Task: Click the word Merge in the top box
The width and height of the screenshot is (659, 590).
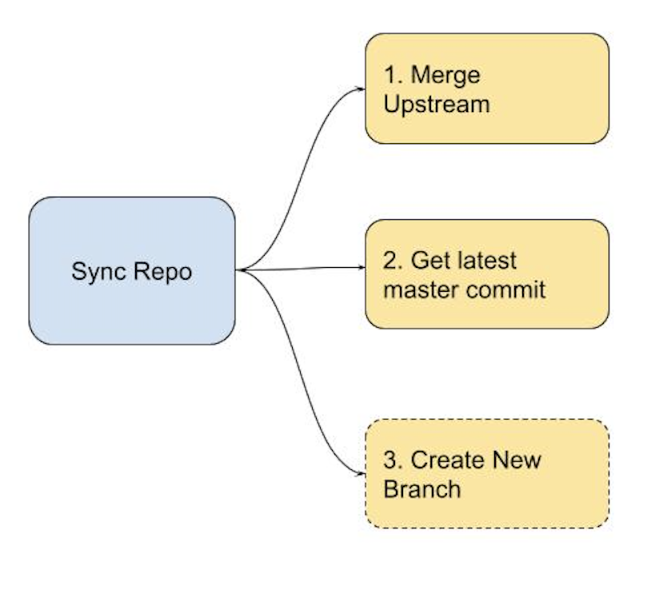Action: (x=445, y=76)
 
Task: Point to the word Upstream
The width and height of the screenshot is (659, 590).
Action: (x=436, y=105)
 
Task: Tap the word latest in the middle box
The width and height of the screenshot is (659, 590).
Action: (x=481, y=261)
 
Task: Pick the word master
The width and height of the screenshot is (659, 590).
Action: (x=422, y=289)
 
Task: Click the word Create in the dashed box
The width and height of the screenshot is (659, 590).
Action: (x=447, y=460)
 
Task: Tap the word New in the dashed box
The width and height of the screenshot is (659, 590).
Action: (x=516, y=460)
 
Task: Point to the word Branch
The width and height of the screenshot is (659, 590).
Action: (x=422, y=488)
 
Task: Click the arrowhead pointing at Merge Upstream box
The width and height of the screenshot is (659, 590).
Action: (x=361, y=89)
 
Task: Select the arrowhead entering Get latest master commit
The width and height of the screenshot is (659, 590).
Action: (x=361, y=268)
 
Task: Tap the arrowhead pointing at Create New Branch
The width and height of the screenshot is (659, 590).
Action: (x=361, y=472)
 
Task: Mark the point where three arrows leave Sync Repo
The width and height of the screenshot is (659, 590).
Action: (x=239, y=271)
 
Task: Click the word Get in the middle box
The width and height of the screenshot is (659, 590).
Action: (x=431, y=261)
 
